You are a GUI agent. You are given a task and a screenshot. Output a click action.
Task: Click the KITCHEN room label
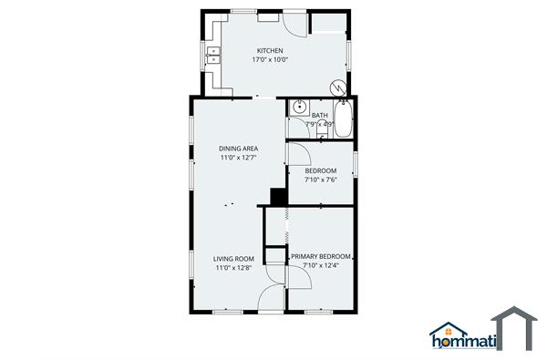coord(269,50)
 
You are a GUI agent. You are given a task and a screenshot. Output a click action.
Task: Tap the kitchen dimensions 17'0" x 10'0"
coord(269,59)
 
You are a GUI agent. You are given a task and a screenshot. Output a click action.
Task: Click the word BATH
coord(319,115)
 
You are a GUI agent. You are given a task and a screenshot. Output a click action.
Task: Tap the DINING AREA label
coord(237,149)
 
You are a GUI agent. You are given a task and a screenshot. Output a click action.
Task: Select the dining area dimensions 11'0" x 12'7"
coord(237,158)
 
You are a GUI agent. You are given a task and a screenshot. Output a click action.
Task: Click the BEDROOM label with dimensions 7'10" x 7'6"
coord(320,171)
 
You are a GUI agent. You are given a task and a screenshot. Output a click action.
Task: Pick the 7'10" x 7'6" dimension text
coord(320,180)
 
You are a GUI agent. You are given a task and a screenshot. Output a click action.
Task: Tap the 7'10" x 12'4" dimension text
coord(320,267)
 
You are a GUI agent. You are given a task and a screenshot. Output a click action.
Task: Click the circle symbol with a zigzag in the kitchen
coord(338,88)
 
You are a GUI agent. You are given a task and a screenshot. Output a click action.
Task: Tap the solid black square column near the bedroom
coord(277,197)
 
